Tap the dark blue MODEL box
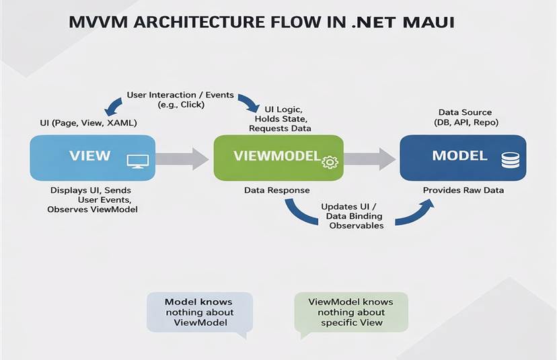point(460,158)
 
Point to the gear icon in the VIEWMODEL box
point(329,162)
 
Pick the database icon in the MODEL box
point(510,160)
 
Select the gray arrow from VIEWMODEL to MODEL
point(370,159)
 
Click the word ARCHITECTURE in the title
point(196,23)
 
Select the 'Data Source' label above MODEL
point(465,112)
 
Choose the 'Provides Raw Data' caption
point(463,191)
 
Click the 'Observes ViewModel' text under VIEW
point(93,210)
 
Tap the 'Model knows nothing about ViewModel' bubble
point(198,312)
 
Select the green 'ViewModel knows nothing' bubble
point(350,312)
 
